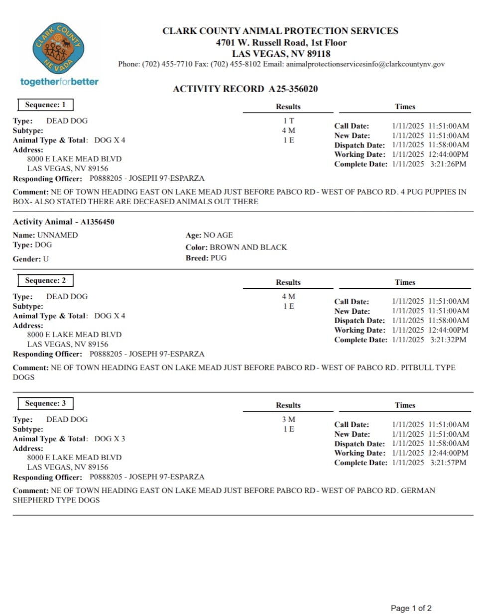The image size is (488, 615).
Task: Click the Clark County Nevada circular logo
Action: pyautogui.click(x=59, y=49)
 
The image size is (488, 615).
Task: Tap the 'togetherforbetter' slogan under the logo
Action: pyautogui.click(x=59, y=82)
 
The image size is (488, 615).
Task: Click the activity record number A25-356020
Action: pyautogui.click(x=293, y=89)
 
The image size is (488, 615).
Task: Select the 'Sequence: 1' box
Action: pyautogui.click(x=45, y=105)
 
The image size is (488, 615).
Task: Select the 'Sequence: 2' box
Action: pyautogui.click(x=45, y=280)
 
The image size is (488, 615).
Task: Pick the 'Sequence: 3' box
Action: pyautogui.click(x=45, y=403)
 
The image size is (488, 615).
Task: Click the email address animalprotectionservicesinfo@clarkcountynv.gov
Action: pyautogui.click(x=365, y=64)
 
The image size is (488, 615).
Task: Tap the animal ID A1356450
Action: pyautogui.click(x=97, y=222)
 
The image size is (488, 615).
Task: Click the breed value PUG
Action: pyautogui.click(x=218, y=258)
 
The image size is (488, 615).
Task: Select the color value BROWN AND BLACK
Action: pyautogui.click(x=248, y=247)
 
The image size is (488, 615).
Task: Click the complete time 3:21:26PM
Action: pyautogui.click(x=448, y=164)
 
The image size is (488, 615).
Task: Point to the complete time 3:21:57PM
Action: pyautogui.click(x=448, y=463)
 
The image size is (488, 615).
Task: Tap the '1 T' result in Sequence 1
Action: pyautogui.click(x=288, y=121)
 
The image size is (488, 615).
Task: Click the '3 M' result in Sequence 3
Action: pyautogui.click(x=288, y=419)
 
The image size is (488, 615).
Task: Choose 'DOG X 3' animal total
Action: pyautogui.click(x=110, y=439)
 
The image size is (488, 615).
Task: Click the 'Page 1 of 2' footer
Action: pyautogui.click(x=411, y=608)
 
